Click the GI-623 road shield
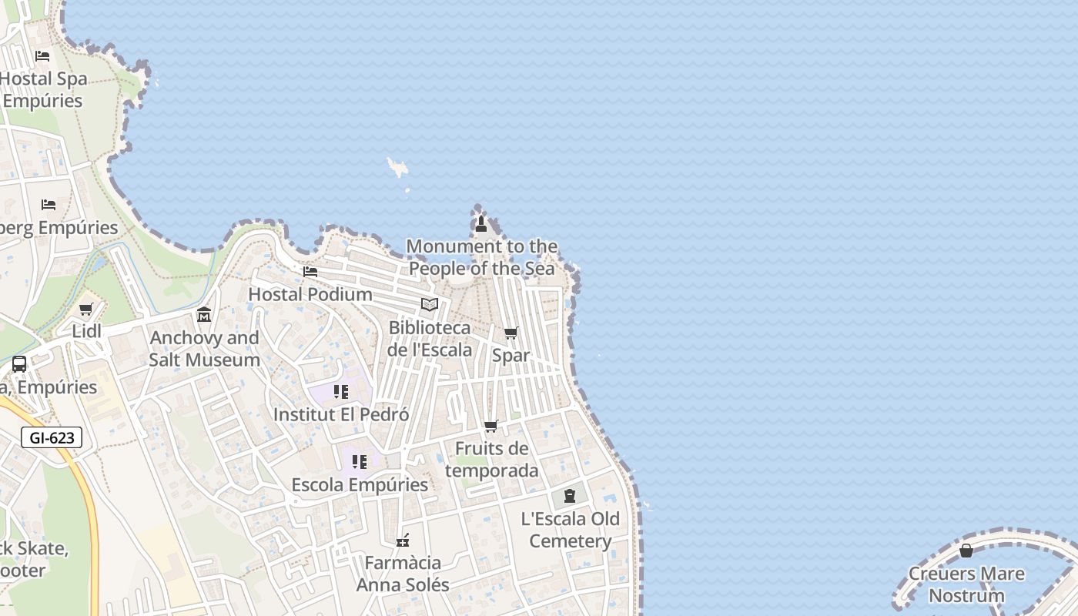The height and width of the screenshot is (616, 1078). coord(52,438)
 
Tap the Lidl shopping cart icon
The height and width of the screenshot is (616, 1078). coord(86,310)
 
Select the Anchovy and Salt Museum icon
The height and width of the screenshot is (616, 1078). coord(204,315)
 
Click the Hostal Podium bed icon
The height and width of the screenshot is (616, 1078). coord(310,272)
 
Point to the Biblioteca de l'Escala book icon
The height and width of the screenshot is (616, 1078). coord(430,305)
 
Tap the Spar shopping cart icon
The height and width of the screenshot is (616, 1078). coord(511,333)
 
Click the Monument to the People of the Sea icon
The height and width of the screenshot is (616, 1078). coord(481,224)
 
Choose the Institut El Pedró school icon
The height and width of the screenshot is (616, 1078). coord(341,392)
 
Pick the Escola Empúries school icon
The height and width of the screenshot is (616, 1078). coord(360,462)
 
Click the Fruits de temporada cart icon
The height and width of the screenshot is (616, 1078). coord(491,427)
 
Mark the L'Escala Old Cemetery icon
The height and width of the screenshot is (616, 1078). coord(570,496)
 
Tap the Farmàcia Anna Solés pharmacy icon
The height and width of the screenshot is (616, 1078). coord(403,541)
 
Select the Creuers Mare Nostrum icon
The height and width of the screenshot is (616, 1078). coord(966,551)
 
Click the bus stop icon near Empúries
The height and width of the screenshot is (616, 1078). coord(19,364)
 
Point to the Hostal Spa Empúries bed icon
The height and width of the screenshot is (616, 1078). coord(42,56)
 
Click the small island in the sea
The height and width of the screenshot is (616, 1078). coord(398,167)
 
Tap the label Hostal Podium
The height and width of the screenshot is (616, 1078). coord(310,294)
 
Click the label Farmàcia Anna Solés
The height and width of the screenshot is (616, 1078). coord(403,574)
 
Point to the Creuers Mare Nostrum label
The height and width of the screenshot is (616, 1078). coord(966,584)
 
